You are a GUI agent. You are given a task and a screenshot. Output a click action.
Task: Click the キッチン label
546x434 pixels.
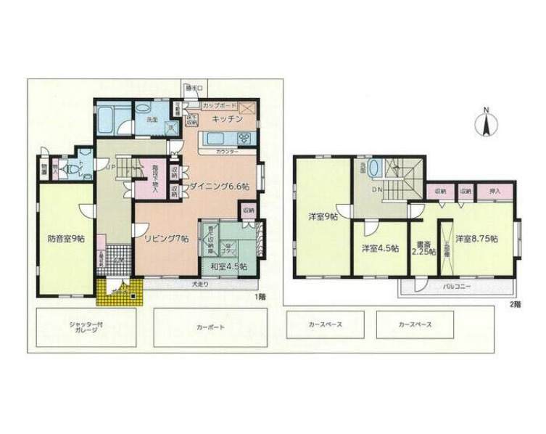226,119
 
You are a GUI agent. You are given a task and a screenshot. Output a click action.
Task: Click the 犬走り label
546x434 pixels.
201,284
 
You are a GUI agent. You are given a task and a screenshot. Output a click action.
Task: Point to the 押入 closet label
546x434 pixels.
498,191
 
